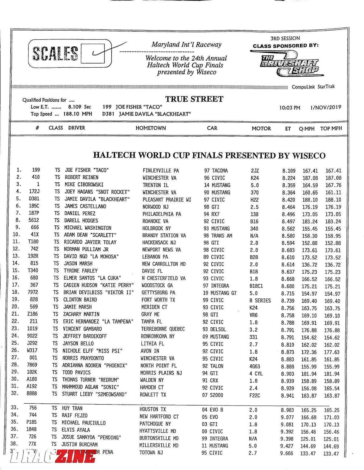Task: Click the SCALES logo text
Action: (55, 54)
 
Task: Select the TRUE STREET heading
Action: (194, 99)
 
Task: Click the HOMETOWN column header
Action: (150, 128)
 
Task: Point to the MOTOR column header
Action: (261, 128)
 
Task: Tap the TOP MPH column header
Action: (331, 128)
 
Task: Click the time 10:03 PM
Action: (290, 108)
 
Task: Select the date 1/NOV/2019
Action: (325, 107)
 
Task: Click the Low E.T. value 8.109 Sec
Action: (79, 107)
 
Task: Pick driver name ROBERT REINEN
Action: (81, 178)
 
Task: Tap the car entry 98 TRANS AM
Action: (218, 236)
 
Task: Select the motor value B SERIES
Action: (260, 301)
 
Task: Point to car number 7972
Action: (34, 292)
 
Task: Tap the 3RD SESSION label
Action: (285, 38)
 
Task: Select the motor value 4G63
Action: (254, 366)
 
